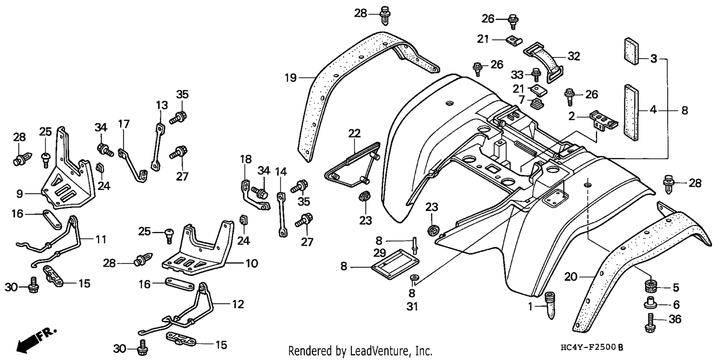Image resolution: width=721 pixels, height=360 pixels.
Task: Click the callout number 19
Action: click(290, 78)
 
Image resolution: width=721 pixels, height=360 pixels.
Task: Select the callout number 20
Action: click(571, 276)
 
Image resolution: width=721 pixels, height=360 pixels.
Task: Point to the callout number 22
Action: click(354, 133)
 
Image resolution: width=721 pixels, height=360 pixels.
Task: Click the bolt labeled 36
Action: click(650, 323)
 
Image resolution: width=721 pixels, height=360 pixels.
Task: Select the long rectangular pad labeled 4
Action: click(631, 112)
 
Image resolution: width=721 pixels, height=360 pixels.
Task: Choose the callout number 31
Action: click(412, 307)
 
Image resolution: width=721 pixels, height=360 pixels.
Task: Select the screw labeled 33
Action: click(536, 74)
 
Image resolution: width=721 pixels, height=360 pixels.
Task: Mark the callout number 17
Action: click(124, 124)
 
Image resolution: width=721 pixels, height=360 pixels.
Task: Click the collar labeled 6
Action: click(650, 303)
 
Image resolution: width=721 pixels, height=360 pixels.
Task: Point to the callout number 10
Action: click(252, 263)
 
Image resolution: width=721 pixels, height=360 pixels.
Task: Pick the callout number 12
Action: click(238, 304)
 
